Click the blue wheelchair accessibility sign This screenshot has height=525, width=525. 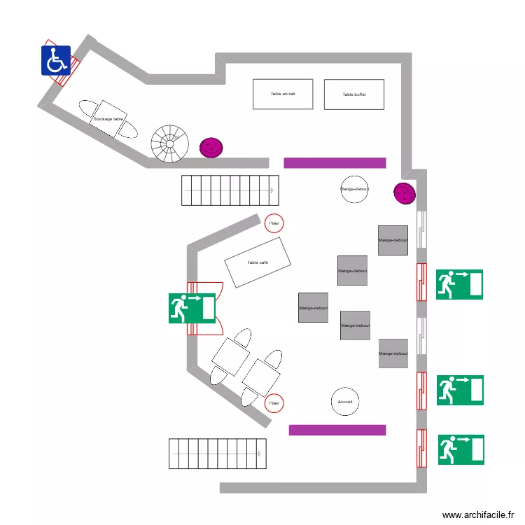point(56,60)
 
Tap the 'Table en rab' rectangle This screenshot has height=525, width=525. point(283,94)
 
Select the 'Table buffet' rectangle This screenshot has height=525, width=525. point(354,94)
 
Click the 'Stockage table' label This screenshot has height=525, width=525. point(108,120)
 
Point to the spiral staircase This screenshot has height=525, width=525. point(170,143)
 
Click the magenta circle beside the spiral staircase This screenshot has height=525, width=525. point(211,147)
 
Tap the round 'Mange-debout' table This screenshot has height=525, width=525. point(354,189)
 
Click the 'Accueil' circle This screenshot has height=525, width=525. point(344,402)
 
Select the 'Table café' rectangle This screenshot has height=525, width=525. point(258,262)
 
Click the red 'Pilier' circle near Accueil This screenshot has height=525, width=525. point(274,403)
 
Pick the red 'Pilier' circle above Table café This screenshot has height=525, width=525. point(274,223)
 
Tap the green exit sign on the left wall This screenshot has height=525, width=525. point(191,308)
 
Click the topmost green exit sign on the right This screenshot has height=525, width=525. point(459,284)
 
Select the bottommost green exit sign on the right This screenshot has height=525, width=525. point(461,449)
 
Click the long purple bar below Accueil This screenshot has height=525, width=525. point(337,430)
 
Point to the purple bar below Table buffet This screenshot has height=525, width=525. point(335,163)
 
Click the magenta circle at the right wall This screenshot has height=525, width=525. point(404,192)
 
